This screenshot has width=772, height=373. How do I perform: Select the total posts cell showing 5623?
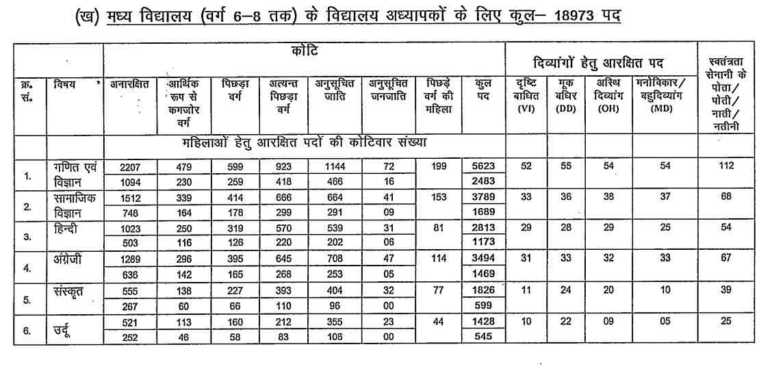pyautogui.click(x=484, y=166)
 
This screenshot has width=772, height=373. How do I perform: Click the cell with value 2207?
pyautogui.click(x=129, y=166)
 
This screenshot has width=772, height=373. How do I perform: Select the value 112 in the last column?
pyautogui.click(x=726, y=166)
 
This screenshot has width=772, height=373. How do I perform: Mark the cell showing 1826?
pyautogui.click(x=484, y=290)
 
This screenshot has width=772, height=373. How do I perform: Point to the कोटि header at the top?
pyautogui.click(x=304, y=51)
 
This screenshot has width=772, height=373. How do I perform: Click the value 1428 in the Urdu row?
pyautogui.click(x=484, y=321)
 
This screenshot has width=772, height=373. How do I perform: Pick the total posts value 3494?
pyautogui.click(x=484, y=259)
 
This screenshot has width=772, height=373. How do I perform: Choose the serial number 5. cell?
pyautogui.click(x=27, y=298)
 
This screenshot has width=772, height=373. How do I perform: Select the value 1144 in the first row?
pyautogui.click(x=335, y=166)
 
